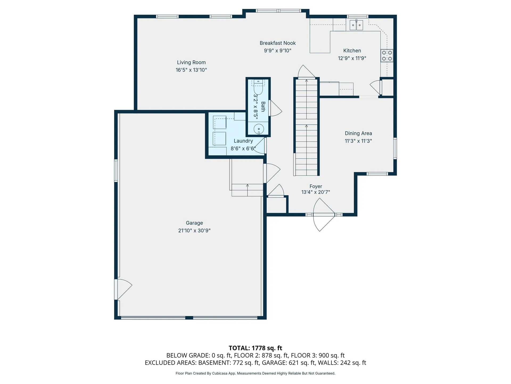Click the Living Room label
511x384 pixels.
point(191,62)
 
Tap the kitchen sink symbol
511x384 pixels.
point(356,25)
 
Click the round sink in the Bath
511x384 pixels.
point(258,129)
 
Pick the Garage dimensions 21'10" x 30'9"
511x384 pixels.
point(194,230)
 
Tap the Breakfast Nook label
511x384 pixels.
point(278,43)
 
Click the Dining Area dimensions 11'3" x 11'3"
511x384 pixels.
point(358,141)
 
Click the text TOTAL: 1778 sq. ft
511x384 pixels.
point(255,348)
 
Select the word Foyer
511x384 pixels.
point(316,186)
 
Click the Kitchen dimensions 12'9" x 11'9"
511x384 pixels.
point(352,58)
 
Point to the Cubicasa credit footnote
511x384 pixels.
point(255,373)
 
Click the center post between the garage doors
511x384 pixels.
point(189,318)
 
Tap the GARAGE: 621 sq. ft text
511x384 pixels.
point(289,363)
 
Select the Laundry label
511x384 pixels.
point(243,141)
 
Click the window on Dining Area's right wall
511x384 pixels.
point(395,148)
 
